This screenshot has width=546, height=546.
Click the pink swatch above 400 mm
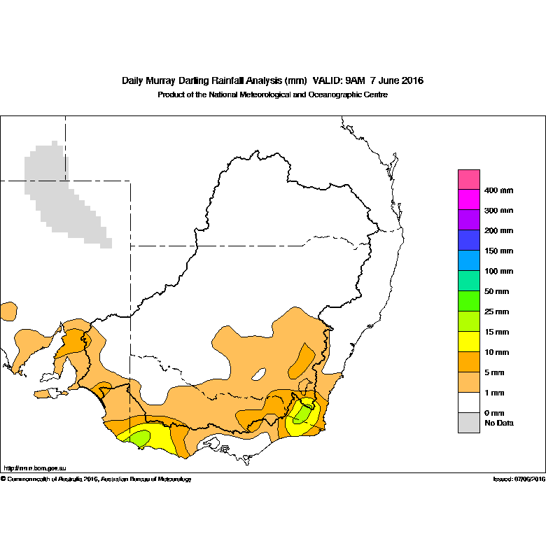pos(469,180)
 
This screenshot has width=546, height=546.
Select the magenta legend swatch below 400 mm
pos(469,199)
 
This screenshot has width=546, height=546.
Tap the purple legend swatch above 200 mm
pos(469,220)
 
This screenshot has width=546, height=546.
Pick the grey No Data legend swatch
pos(469,423)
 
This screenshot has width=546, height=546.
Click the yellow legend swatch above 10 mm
pos(469,342)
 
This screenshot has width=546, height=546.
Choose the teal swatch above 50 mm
pos(469,281)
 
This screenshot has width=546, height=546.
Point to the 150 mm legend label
pos(498,251)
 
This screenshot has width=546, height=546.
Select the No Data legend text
pos(499,423)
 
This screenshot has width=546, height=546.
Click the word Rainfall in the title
pos(227,80)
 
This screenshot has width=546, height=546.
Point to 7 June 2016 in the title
pos(397,80)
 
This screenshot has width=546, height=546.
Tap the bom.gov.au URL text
pos(35,468)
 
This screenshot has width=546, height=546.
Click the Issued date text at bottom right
pos(519,479)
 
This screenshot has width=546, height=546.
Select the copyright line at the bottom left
pos(96,479)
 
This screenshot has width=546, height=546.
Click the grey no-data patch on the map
pos(63,195)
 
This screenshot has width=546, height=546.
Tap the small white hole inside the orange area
pos(259,374)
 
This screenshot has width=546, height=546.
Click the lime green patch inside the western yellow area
pos(140,438)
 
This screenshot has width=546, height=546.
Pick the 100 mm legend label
pos(498,271)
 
